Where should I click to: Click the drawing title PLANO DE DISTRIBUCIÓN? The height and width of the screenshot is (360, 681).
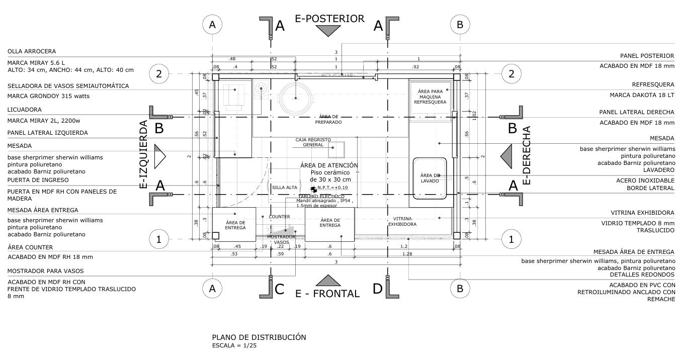pyautogui.click(x=259, y=337)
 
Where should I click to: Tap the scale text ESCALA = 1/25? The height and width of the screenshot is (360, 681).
pyautogui.click(x=234, y=346)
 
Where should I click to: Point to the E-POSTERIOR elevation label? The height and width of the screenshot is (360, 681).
pyautogui.click(x=329, y=19)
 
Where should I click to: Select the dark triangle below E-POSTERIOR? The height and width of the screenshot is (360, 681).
pyautogui.click(x=329, y=31)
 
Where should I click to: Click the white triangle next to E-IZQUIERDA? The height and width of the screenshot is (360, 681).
pyautogui.click(x=159, y=156)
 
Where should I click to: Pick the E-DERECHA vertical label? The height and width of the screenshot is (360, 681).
pyautogui.click(x=527, y=156)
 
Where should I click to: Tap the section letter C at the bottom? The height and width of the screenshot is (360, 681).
pyautogui.click(x=279, y=290)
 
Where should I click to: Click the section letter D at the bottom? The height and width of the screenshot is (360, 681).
pyautogui.click(x=378, y=290)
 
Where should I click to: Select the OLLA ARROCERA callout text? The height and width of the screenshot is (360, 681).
pyautogui.click(x=32, y=51)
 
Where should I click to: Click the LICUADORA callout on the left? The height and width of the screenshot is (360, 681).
pyautogui.click(x=25, y=110)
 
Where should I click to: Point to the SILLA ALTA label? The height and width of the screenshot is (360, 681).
pyautogui.click(x=285, y=188)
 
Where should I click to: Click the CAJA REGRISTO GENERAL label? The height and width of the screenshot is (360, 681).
pyautogui.click(x=313, y=142)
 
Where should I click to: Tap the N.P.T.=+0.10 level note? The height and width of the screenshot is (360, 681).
pyautogui.click(x=332, y=188)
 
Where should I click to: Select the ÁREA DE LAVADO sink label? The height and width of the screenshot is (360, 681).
pyautogui.click(x=430, y=178)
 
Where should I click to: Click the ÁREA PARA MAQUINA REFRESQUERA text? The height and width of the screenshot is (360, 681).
pyautogui.click(x=430, y=97)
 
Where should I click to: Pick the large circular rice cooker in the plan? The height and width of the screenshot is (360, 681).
pyautogui.click(x=296, y=98)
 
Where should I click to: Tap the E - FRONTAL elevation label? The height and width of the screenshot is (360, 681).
pyautogui.click(x=327, y=294)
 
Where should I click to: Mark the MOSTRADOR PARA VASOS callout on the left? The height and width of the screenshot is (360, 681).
pyautogui.click(x=46, y=271)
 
